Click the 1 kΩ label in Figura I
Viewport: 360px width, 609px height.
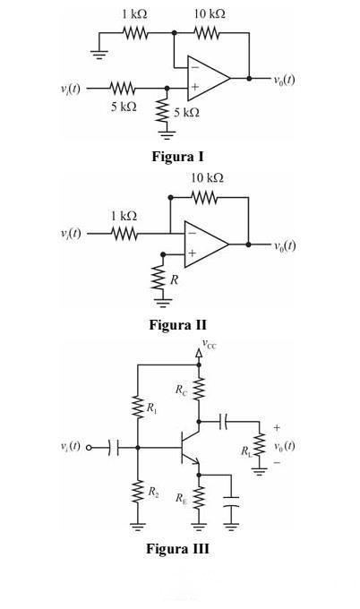pos(134,14)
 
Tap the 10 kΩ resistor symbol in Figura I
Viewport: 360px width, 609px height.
pos(207,33)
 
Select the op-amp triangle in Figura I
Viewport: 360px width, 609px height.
pos(209,78)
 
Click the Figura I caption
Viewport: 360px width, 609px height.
pos(177,157)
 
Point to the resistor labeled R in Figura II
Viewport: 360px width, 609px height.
pos(158,278)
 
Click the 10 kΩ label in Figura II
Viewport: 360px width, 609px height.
pos(207,178)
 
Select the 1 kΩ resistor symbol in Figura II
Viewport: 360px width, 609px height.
pos(124,234)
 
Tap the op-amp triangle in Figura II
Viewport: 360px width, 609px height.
pos(206,244)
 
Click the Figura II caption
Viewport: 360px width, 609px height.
pos(178,324)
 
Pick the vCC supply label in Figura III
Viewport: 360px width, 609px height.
pos(209,344)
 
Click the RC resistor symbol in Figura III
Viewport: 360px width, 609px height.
pos(199,390)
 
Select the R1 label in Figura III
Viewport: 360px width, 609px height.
pos(152,407)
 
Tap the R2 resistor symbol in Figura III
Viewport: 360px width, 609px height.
pos(138,492)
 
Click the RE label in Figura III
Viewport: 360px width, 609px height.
pos(181,498)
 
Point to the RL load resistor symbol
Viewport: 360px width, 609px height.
pos(259,445)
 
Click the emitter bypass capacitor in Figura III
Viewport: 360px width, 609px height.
pos(231,502)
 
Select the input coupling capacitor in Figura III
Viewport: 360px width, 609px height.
pos(114,448)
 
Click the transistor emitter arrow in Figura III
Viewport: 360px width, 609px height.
pos(195,461)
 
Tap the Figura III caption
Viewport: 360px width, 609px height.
pos(178,548)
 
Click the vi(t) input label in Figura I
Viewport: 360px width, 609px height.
pos(70,89)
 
